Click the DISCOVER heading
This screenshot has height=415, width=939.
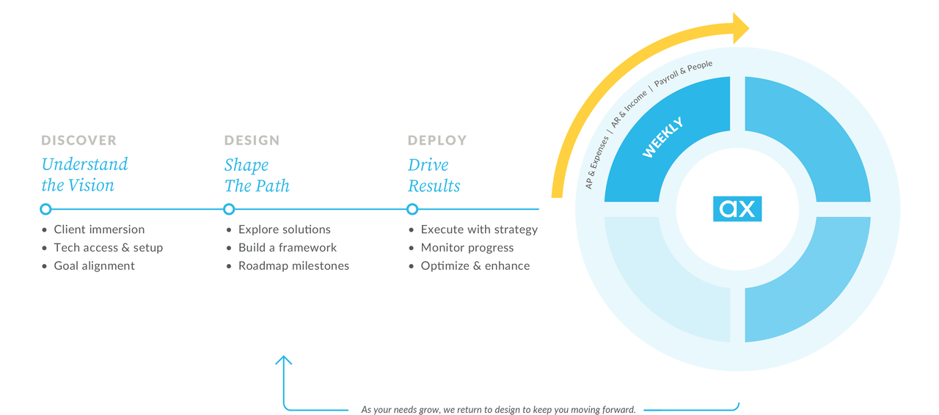[x=78, y=140]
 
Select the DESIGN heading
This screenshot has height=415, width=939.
[x=252, y=140]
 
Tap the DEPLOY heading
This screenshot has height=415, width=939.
[x=437, y=140]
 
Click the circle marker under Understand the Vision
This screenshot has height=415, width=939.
[x=45, y=209]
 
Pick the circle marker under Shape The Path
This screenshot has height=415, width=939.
[x=229, y=209]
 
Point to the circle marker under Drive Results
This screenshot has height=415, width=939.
[x=412, y=209]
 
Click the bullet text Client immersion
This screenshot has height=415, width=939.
[x=99, y=229]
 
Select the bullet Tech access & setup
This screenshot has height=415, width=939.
[x=108, y=248]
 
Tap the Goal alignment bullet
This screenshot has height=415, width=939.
[x=94, y=266]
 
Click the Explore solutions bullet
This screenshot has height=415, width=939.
[x=284, y=229]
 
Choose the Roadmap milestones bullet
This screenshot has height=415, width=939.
[x=293, y=266]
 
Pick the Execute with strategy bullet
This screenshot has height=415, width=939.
[x=479, y=229]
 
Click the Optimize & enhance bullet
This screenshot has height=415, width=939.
[x=475, y=266]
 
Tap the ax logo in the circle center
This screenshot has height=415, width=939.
[x=737, y=209]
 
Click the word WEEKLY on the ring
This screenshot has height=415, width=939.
[x=662, y=137]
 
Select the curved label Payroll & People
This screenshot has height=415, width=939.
[x=683, y=74]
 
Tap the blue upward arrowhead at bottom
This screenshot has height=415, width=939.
[x=284, y=360]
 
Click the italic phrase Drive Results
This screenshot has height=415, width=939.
[x=434, y=175]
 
